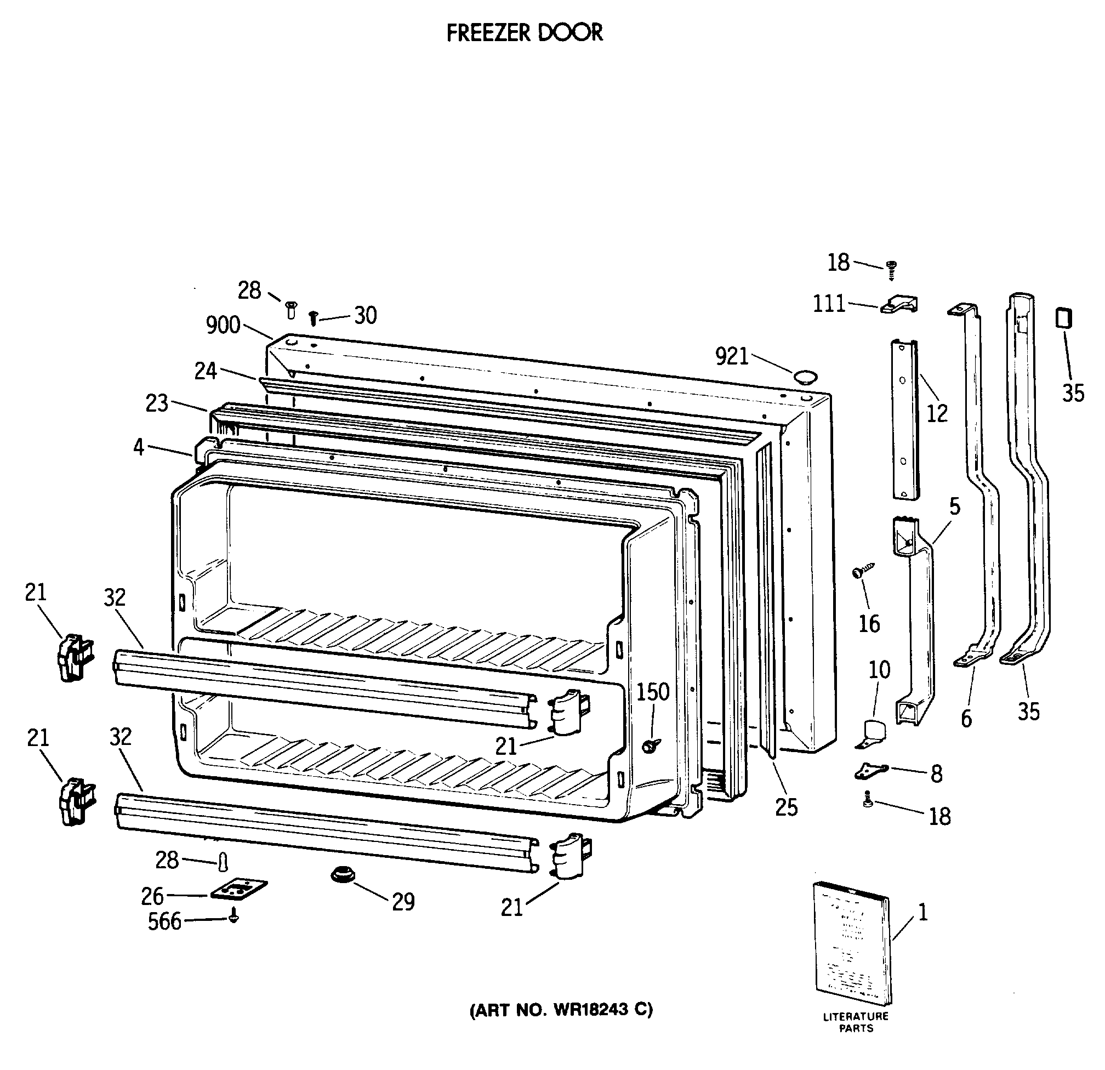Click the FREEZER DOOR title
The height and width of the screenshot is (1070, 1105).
(x=525, y=33)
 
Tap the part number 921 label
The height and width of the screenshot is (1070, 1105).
(x=732, y=356)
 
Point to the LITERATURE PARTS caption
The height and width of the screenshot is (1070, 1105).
(x=856, y=1022)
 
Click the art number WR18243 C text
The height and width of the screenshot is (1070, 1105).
(x=561, y=1009)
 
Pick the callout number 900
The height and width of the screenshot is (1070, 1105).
(x=223, y=325)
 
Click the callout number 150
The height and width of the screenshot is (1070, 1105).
(x=653, y=692)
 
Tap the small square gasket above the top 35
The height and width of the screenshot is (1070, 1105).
(x=1063, y=318)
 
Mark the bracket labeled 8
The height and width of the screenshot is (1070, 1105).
(x=872, y=771)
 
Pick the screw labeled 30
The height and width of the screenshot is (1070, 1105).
(x=314, y=318)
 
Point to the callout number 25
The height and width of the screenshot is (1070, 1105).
(x=787, y=808)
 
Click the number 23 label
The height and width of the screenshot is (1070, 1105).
(x=157, y=403)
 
